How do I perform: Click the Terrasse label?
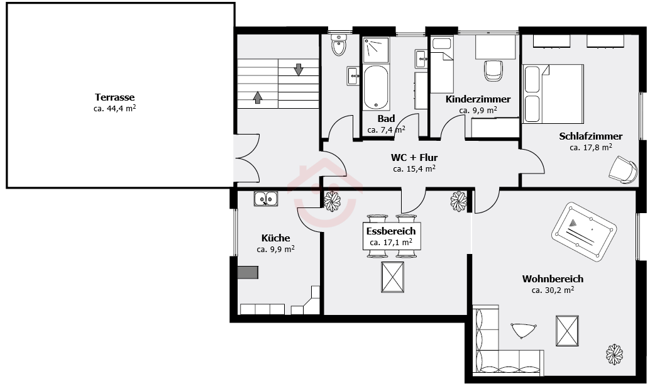115,97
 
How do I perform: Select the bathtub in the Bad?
376,87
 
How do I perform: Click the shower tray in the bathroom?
376,50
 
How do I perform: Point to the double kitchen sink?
266,199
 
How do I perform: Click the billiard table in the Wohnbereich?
583,232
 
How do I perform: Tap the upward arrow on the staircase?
258,97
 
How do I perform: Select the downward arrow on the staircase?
299,69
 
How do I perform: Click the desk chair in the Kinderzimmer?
493,71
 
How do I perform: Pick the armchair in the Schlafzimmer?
624,170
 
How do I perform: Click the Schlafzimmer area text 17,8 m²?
591,147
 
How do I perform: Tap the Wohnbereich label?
553,278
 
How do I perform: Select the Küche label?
276,238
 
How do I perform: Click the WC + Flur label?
414,158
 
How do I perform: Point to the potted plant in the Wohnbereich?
614,355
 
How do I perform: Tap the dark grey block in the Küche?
248,272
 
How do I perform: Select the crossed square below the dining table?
392,277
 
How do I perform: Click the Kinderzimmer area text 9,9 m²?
478,110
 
